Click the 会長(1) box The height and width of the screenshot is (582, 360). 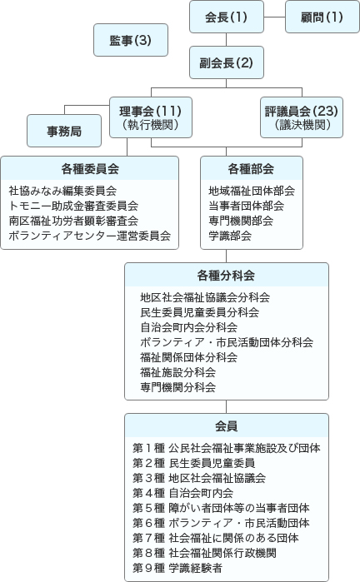(x=227, y=17)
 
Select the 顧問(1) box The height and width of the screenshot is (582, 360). (x=322, y=17)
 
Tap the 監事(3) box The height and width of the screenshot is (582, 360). (x=130, y=40)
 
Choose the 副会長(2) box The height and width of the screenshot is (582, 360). (x=227, y=62)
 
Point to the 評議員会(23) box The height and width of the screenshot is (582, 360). (x=301, y=117)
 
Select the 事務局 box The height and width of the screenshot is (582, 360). (x=65, y=131)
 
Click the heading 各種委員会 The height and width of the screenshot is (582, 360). (x=90, y=168)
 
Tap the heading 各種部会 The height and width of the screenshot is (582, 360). (x=251, y=168)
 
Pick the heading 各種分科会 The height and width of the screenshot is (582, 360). (x=227, y=275)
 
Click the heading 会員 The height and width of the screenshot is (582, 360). (x=227, y=425)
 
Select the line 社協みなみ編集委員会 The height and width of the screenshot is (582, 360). (x=62, y=191)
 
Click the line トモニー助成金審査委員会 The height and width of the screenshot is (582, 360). (x=73, y=206)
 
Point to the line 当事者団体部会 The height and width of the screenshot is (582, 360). (x=246, y=206)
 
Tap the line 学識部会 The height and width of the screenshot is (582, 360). (x=230, y=236)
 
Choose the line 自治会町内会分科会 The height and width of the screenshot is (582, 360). (x=188, y=327)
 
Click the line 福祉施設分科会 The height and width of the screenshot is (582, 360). (x=177, y=372)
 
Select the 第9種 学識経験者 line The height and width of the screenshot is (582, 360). (x=177, y=567)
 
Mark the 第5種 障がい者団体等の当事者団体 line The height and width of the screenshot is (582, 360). (x=221, y=507)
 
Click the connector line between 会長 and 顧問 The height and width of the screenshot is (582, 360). (x=274, y=17)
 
